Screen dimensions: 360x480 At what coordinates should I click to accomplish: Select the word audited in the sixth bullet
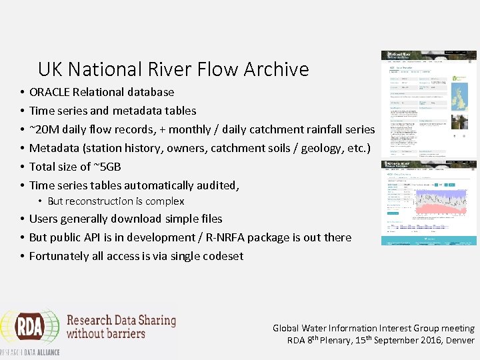tap(217, 185)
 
